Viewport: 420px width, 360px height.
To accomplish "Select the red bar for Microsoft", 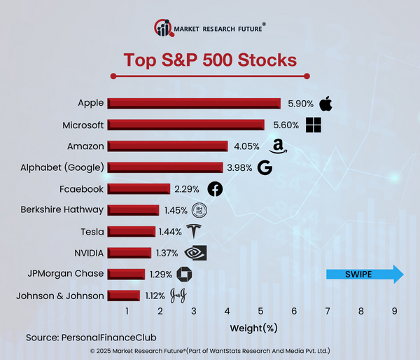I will click(x=185, y=125).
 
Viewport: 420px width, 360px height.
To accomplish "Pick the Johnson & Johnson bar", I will click(x=123, y=296).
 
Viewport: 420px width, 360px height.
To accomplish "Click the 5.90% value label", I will click(x=301, y=104).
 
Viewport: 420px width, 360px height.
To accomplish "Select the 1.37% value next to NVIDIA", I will click(x=167, y=253).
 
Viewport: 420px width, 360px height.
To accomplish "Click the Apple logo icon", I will click(x=325, y=104).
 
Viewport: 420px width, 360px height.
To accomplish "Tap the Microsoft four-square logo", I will click(x=314, y=125).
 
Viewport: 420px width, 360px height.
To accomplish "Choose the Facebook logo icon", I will click(x=215, y=189).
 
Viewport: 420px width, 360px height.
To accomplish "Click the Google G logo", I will click(x=264, y=168).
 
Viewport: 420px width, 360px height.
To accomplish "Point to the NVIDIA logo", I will click(x=195, y=253).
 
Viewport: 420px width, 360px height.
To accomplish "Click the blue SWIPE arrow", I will click(x=365, y=274).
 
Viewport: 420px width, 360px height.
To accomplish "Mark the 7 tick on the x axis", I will click(x=327, y=311).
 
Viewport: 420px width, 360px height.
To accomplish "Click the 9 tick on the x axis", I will click(x=394, y=311).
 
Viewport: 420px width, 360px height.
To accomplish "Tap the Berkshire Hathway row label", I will click(x=62, y=210).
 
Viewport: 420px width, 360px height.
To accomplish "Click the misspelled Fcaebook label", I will click(x=82, y=189).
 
